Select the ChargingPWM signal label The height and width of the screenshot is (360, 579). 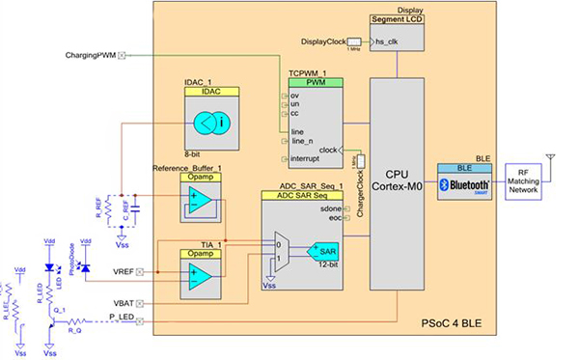click(x=91, y=56)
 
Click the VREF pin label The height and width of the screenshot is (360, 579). click(x=122, y=271)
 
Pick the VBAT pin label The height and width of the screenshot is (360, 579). click(x=122, y=304)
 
